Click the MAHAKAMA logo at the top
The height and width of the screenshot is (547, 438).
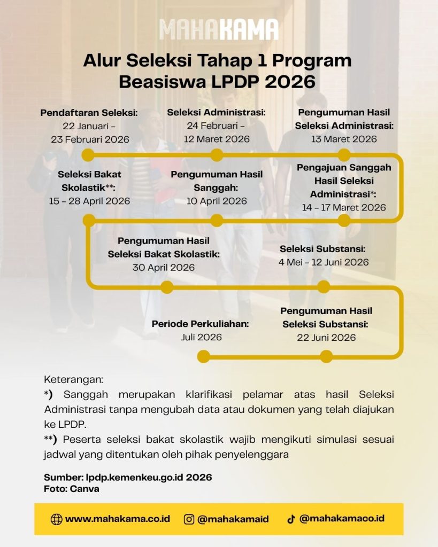click(219, 30)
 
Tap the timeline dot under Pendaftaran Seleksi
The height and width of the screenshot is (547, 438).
click(88, 155)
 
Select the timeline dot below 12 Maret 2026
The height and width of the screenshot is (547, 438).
click(217, 155)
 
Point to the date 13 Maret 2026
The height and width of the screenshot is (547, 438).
click(344, 139)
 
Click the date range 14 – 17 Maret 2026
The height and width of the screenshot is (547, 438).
click(344, 207)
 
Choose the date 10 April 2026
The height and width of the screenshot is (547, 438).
click(216, 201)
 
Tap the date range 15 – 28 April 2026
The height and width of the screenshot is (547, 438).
click(89, 201)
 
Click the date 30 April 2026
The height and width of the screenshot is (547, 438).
click(164, 267)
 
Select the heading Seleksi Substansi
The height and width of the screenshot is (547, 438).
click(322, 249)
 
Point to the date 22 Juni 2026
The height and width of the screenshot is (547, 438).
click(326, 337)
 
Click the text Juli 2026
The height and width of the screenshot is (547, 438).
click(201, 337)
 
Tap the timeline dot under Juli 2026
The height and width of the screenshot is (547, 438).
click(203, 356)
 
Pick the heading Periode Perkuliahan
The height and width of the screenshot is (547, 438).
click(201, 324)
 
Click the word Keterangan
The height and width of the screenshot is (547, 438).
click(73, 380)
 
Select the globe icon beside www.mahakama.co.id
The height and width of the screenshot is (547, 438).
click(56, 519)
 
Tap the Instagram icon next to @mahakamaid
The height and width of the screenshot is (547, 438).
click(189, 519)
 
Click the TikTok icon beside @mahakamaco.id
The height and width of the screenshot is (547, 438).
click(291, 519)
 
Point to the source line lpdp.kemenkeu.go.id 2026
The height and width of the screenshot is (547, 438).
click(128, 477)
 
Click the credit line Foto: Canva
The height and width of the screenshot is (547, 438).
click(71, 488)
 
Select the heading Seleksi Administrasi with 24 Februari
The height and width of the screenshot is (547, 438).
click(216, 112)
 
